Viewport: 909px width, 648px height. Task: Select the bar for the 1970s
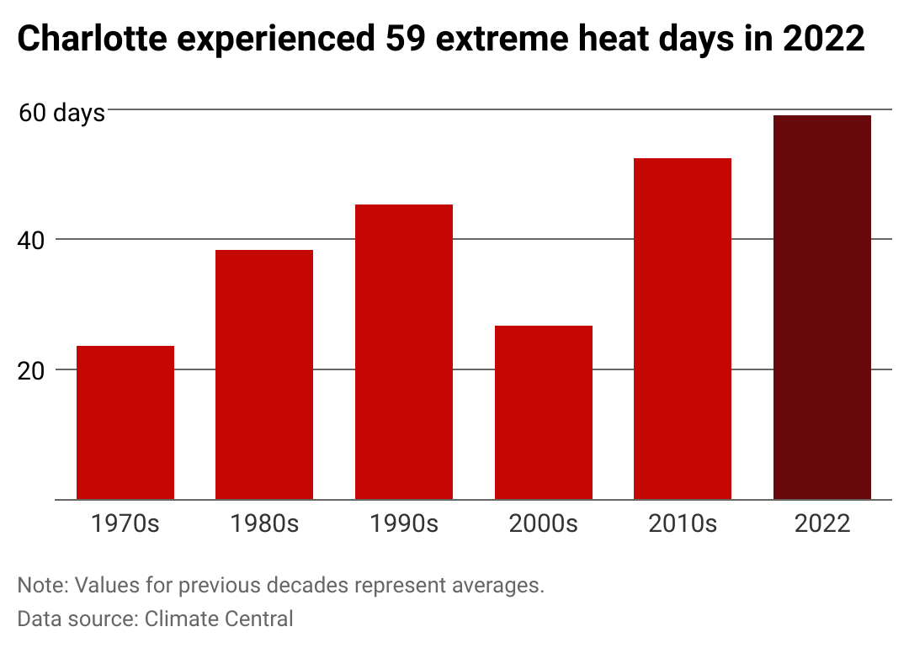[x=125, y=422]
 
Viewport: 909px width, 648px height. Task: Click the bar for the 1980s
[x=264, y=374]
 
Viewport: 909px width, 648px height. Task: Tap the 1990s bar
[x=404, y=352]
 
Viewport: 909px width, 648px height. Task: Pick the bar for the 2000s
[x=544, y=412]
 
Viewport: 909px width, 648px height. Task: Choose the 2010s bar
[x=683, y=329]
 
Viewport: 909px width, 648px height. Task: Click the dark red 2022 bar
[x=822, y=307]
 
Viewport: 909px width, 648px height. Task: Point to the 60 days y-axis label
[x=61, y=113]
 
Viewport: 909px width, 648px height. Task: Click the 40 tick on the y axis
[x=31, y=241]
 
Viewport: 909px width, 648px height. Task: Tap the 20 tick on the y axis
[x=31, y=371]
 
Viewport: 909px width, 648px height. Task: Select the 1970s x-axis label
[x=125, y=523]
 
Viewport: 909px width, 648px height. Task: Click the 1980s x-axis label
[x=264, y=523]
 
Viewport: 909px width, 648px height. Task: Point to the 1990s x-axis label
[x=404, y=523]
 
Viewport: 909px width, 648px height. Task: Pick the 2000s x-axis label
[x=544, y=523]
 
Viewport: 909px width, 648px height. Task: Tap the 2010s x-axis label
[x=683, y=523]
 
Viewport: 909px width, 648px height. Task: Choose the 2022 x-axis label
[x=822, y=523]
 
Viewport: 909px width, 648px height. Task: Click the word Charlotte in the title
[x=93, y=39]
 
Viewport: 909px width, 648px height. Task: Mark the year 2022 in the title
[x=824, y=39]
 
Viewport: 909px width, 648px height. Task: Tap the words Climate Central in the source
[x=219, y=619]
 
